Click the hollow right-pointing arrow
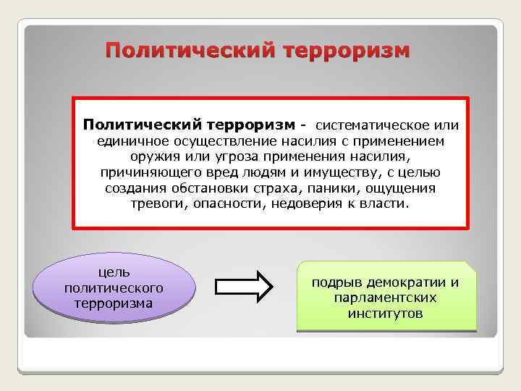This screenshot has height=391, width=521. [245, 287]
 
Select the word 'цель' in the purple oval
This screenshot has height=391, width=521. [114, 272]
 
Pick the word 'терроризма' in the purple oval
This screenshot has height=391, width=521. [114, 303]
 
